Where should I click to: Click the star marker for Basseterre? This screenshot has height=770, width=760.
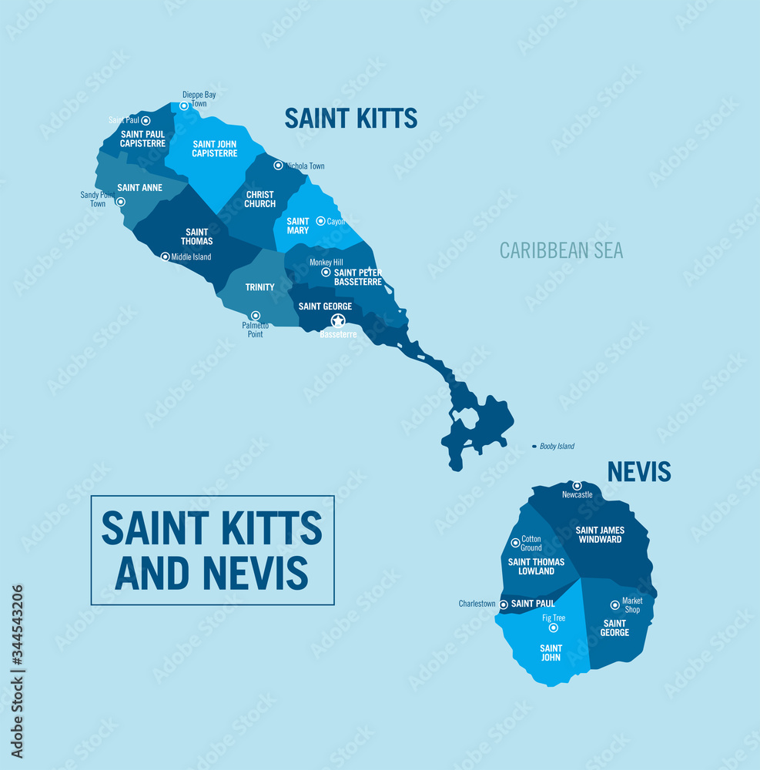coord(338,320)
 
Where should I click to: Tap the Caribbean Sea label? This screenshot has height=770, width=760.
coord(561,250)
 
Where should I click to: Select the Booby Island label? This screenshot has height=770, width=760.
coord(557,447)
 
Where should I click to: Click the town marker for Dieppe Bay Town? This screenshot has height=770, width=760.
coord(184,106)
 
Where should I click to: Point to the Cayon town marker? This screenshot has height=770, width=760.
coord(321,221)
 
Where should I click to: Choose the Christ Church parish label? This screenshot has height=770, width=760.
coord(260,199)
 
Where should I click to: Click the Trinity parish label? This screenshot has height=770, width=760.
coord(260,287)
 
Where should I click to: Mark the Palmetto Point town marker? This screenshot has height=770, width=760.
coord(256,316)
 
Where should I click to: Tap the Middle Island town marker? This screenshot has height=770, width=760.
coord(165,257)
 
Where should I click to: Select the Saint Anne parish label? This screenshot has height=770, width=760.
coord(139,187)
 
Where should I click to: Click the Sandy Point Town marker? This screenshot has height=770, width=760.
coord(121,202)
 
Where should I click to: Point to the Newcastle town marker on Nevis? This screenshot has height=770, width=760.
coord(577,486)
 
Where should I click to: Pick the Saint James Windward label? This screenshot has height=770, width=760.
coord(600,534)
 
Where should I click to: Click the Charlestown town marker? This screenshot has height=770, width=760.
coord(504,604)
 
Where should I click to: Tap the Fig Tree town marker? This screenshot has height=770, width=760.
coord(553,628)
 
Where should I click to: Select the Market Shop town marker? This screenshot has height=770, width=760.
coord(614,605)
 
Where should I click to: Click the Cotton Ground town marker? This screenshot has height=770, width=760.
coord(515,543)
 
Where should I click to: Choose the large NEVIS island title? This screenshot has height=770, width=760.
coord(638,471)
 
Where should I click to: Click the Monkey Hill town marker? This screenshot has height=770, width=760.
coord(326,272)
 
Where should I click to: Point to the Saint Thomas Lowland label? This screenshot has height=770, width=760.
coord(536,566)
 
